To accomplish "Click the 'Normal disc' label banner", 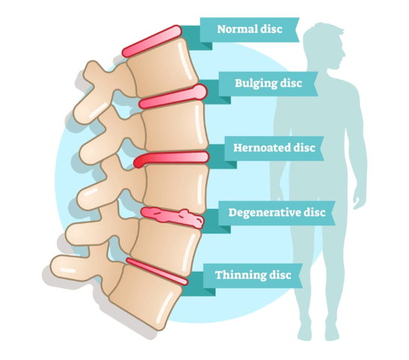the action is [249, 29].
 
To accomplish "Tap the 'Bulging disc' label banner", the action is [268, 84].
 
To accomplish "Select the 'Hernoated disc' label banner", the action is [274, 148].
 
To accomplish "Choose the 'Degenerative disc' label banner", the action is [276, 213].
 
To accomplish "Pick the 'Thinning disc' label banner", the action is [252, 275].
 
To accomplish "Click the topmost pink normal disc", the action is [152, 41].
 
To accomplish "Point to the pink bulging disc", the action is [173, 97].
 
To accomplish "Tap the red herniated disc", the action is [171, 159].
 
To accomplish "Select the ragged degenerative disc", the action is [172, 218].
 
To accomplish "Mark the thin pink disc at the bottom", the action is [157, 272].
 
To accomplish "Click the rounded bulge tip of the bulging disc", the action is [200, 91].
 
